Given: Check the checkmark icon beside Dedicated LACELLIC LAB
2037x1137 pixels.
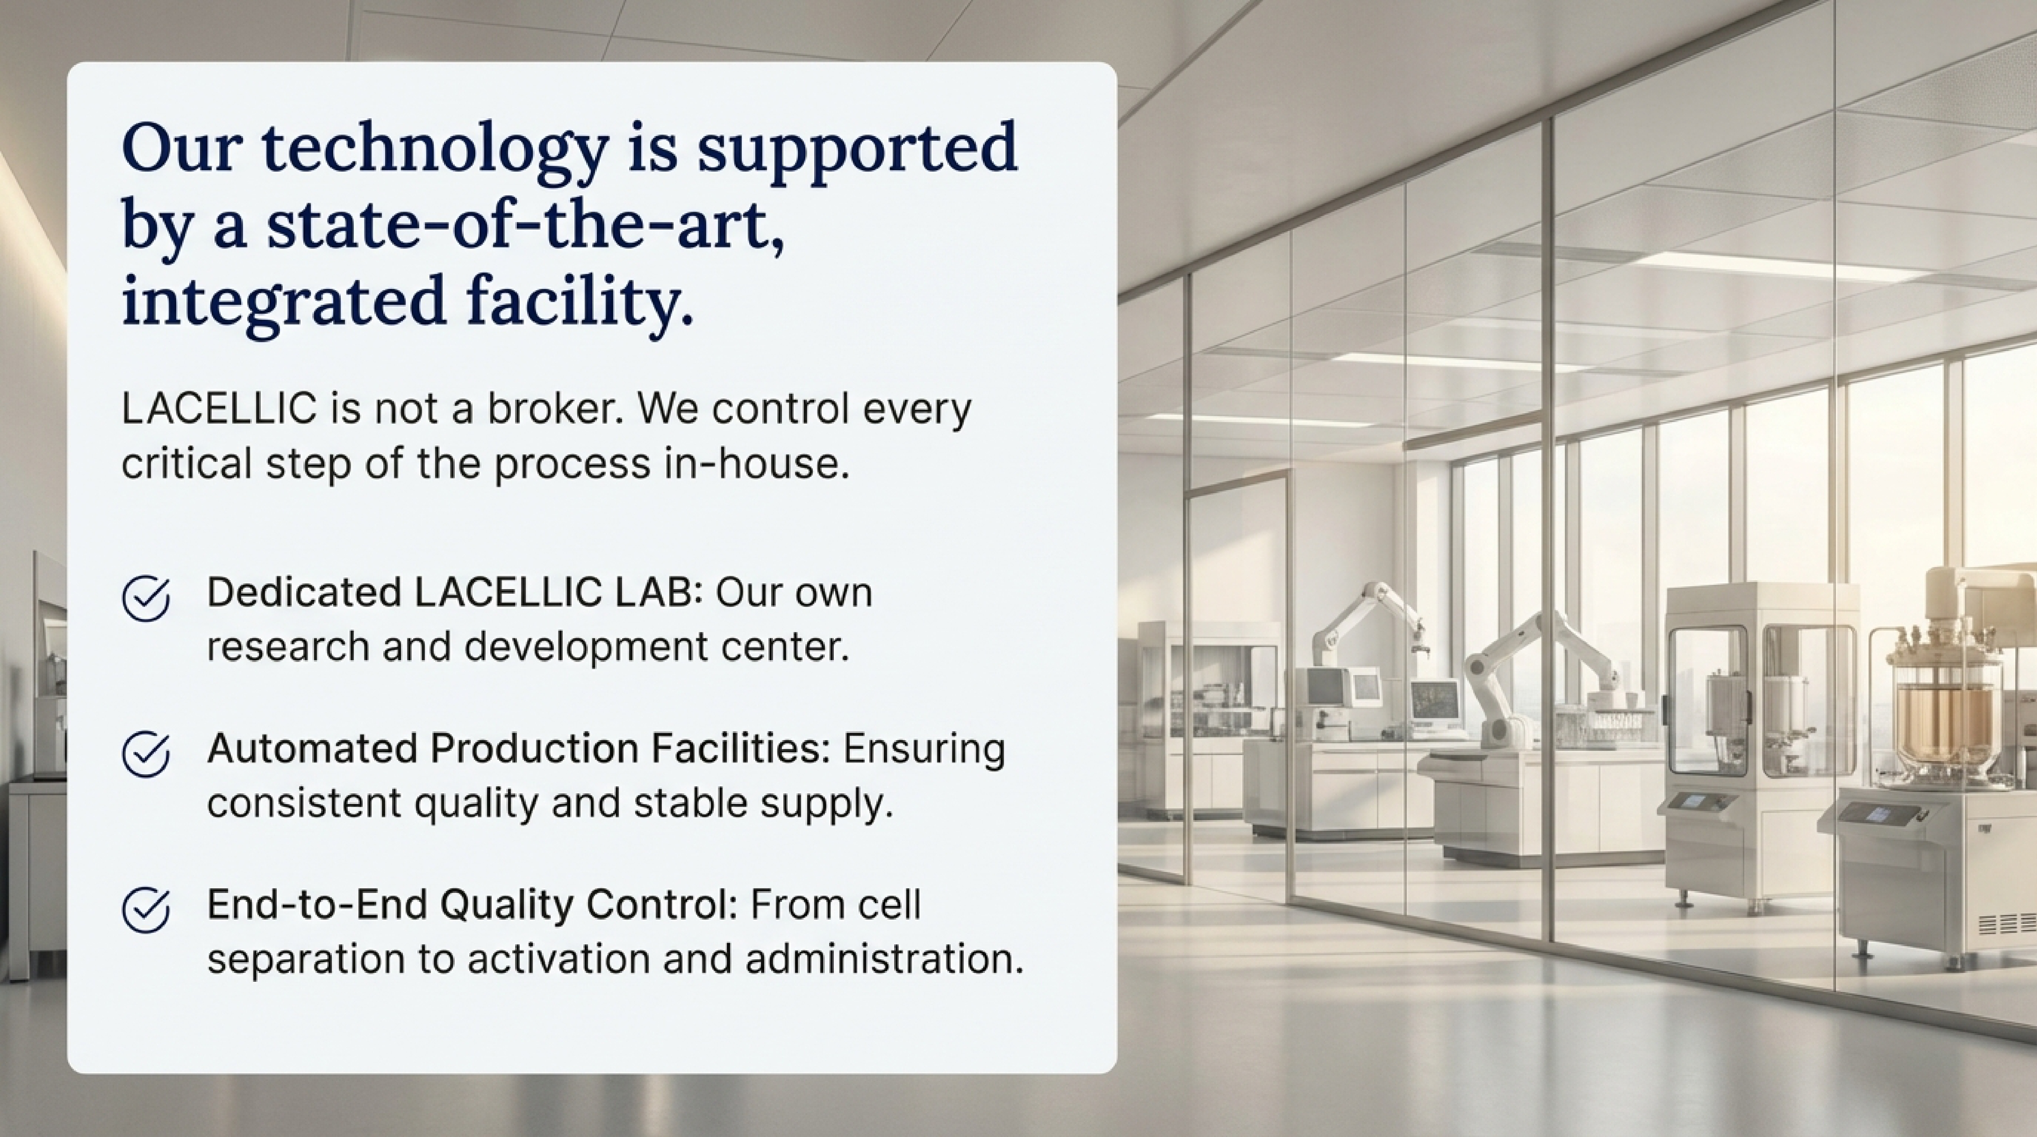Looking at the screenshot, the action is pyautogui.click(x=146, y=599).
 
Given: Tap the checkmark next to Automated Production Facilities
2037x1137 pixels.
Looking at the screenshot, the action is pyautogui.click(x=146, y=754).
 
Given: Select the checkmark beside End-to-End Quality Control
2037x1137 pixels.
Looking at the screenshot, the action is pyautogui.click(x=146, y=910).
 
